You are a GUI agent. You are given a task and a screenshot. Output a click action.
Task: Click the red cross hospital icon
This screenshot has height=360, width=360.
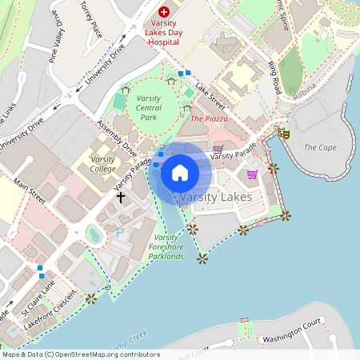[x=164, y=12]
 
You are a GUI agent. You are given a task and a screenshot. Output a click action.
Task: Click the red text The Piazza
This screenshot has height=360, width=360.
[x=210, y=118]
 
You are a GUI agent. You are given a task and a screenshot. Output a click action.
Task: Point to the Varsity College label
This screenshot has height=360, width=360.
[x=102, y=164]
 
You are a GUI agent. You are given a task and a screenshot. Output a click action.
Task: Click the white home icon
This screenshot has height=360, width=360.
[x=180, y=172]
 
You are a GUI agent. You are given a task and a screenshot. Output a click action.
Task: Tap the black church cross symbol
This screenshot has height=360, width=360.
[x=121, y=196]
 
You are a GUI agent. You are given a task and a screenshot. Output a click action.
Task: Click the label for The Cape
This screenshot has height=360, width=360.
[x=320, y=147]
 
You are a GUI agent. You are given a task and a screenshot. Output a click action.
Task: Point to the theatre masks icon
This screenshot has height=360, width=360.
[x=283, y=134]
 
